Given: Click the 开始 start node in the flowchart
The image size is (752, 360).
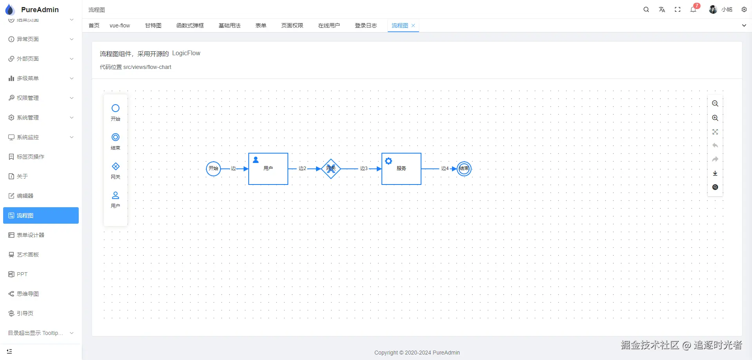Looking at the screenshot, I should pos(213,169).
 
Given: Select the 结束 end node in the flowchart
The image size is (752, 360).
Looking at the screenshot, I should pos(464,169).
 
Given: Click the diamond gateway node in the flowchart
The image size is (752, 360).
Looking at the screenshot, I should pos(331,169).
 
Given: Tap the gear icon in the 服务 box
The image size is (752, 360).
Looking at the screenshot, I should pos(389,161).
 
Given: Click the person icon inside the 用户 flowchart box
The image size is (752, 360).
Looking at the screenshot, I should pos(256,160).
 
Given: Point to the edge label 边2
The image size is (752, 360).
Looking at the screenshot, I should pos(302,168).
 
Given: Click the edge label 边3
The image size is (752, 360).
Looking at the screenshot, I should pos(364,168).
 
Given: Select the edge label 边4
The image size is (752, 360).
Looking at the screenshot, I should pos(445,168).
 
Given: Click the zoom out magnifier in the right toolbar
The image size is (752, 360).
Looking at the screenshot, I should pos(715,104).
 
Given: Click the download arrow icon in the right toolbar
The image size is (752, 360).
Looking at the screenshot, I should pos(715,173).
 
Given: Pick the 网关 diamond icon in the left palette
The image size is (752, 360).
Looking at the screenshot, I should pos(116,166).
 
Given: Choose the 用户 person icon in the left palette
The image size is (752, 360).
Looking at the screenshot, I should pos(116,195).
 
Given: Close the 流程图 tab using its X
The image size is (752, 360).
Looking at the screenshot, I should pos(413,25).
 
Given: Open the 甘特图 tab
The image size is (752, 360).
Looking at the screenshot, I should pos(153,25).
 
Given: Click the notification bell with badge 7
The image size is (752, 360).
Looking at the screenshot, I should pos(693,10).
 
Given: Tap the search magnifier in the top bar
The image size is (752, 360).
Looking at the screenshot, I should pos(646,10).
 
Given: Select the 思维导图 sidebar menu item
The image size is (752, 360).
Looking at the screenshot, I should pos(28,294).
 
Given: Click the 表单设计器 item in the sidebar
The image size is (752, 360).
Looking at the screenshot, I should pos(31,235).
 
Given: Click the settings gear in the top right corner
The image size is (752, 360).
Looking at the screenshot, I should pos(744,10).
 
